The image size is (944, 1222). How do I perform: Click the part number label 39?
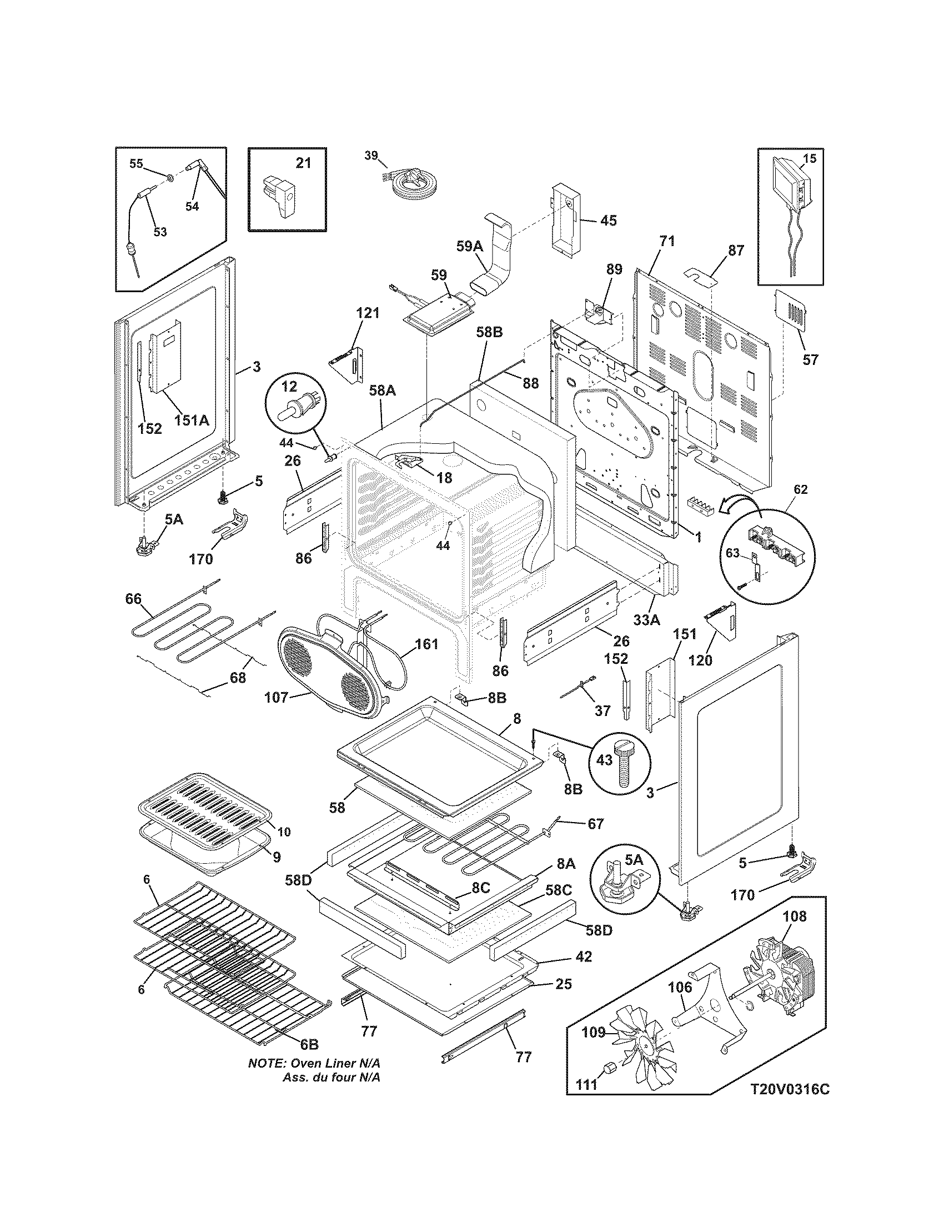point(371,155)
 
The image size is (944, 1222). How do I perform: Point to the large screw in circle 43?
point(621,763)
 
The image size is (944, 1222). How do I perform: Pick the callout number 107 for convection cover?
point(277,697)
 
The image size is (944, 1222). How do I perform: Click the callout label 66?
point(133,599)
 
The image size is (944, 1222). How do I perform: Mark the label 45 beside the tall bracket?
point(608,221)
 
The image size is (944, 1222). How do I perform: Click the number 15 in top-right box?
point(809,158)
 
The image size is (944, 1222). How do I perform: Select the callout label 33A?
point(647,619)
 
